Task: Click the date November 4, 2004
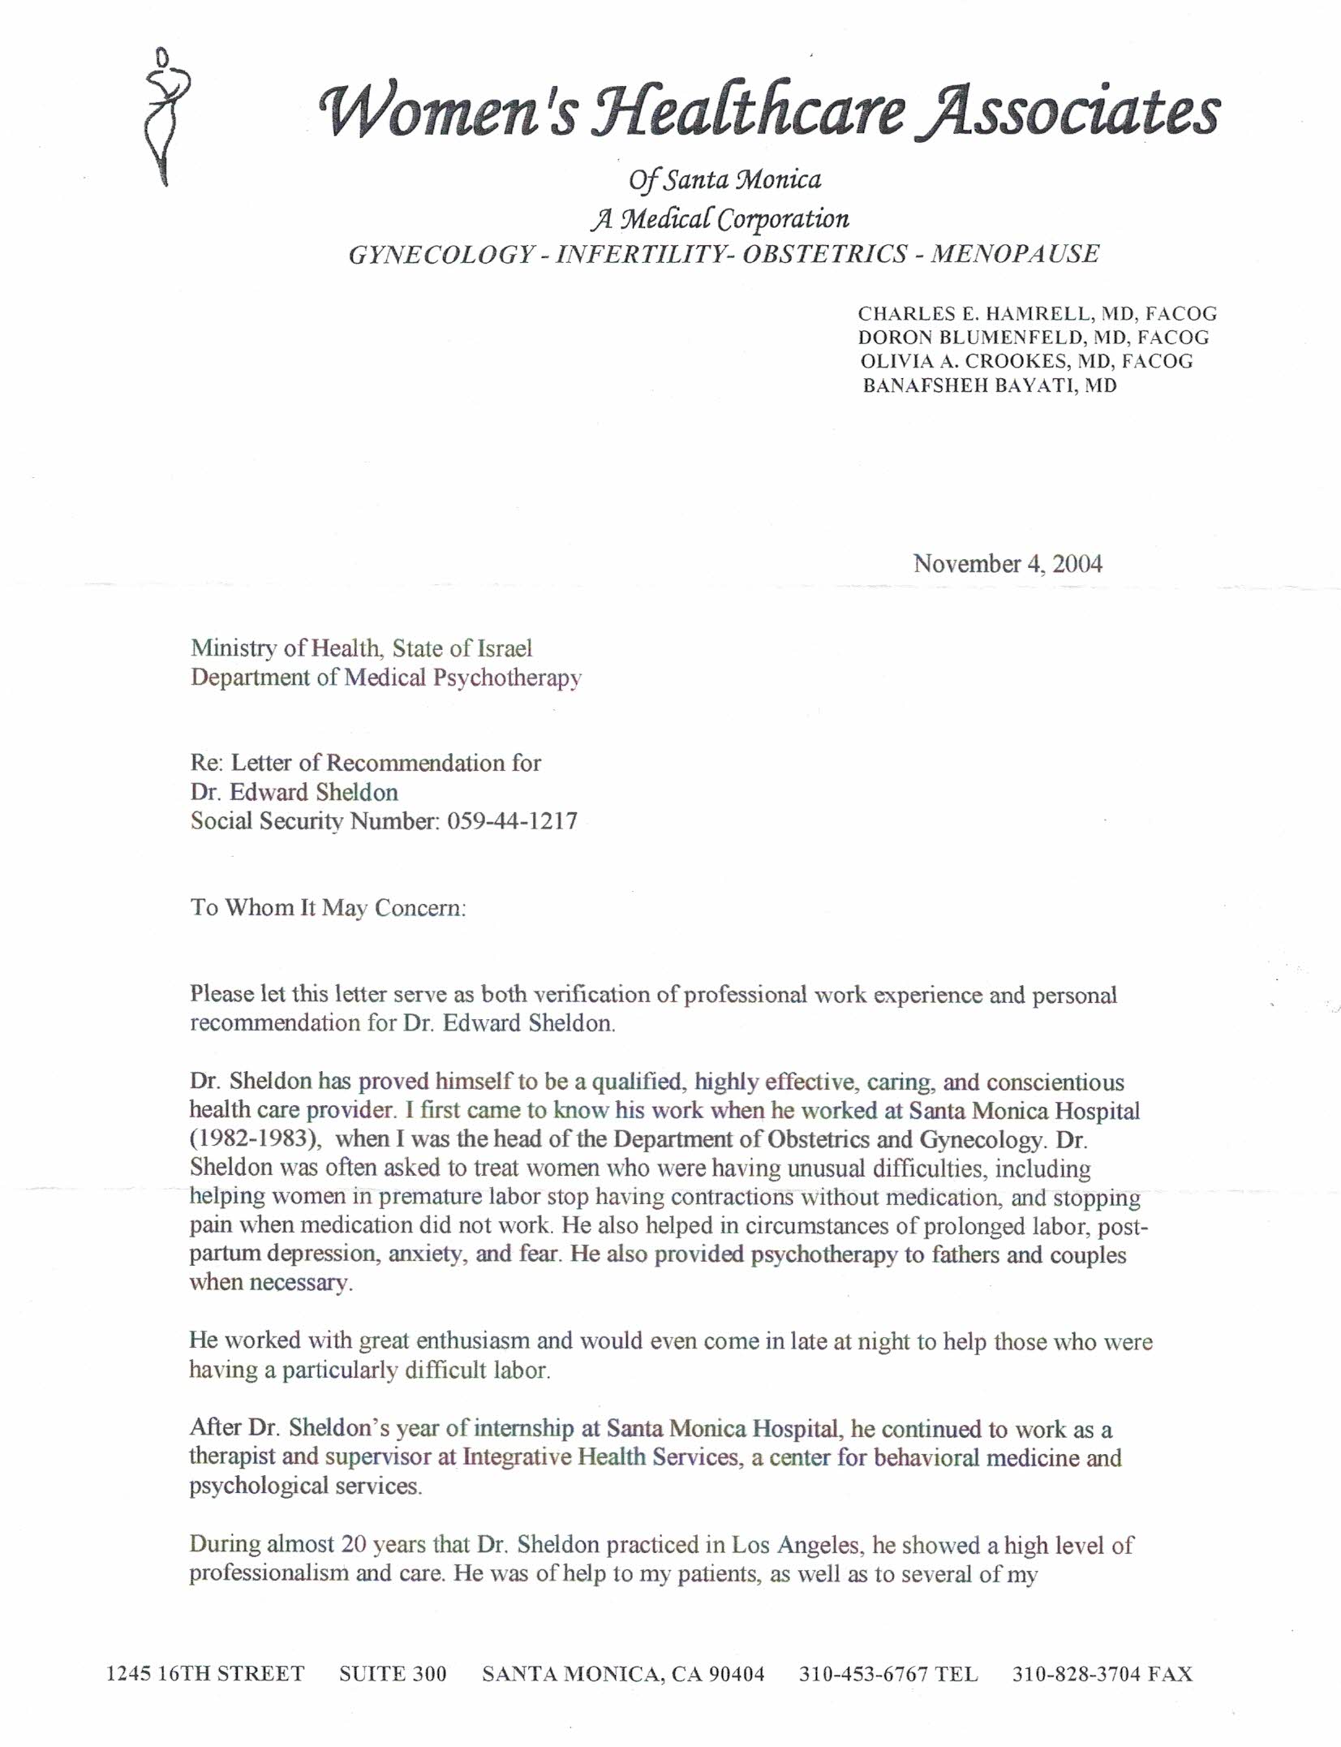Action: (1008, 564)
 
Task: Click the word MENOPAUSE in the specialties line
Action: (1015, 254)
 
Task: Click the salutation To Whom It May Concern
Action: (328, 907)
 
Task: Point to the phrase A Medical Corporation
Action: (719, 218)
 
